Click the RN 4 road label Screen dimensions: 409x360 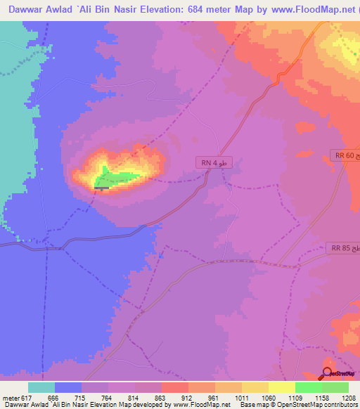(x=213, y=163)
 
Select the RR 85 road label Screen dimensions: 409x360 (x=343, y=248)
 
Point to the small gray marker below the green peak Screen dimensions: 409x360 (x=102, y=188)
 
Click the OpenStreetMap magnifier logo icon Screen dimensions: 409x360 (x=327, y=373)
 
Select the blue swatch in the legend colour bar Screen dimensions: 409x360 (x=68, y=387)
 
